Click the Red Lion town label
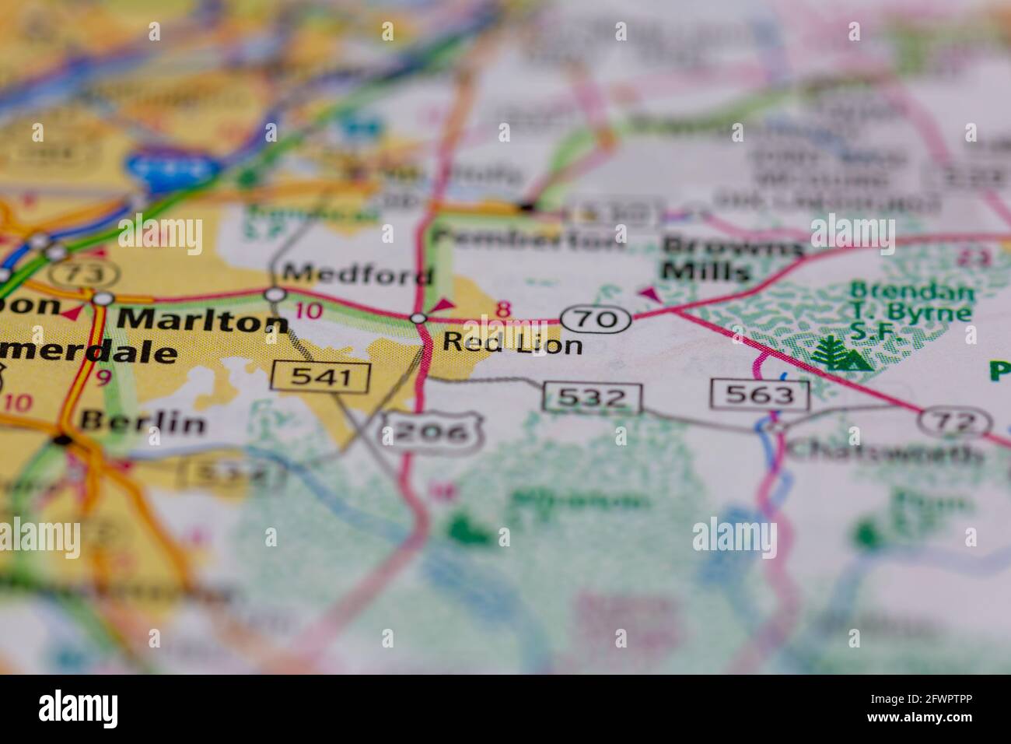click(x=512, y=342)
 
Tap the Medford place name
click(x=358, y=275)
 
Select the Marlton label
click(x=202, y=320)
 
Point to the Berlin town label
click(x=143, y=423)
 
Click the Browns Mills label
click(x=731, y=259)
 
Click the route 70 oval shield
click(x=595, y=318)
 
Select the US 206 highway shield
click(x=430, y=431)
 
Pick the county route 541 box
click(x=320, y=377)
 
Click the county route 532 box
click(x=592, y=398)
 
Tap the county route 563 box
click(x=759, y=395)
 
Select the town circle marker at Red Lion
click(x=418, y=318)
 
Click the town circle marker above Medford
click(x=275, y=294)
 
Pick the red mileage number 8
click(x=504, y=310)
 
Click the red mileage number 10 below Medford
click(x=309, y=311)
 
